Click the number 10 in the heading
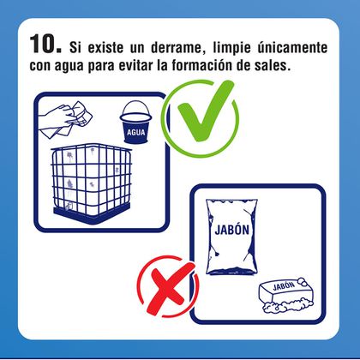point(45,44)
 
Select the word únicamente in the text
point(292,47)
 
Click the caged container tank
point(92,183)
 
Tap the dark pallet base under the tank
point(92,213)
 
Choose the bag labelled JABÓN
point(231,237)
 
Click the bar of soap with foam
point(286,295)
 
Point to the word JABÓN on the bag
point(232,230)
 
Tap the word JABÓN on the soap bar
point(284,285)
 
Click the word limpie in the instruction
point(231,48)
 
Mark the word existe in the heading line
point(105,48)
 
